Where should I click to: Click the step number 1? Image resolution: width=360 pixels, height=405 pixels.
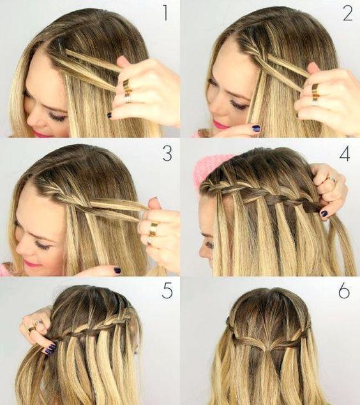point(165,13)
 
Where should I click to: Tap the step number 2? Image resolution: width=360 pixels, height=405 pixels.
point(347,13)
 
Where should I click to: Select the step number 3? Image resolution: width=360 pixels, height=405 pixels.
point(167,153)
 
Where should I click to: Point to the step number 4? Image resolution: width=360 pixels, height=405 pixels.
point(345,153)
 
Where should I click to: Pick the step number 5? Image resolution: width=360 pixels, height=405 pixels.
point(167,291)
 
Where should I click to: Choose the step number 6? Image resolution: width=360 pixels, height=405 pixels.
point(344,291)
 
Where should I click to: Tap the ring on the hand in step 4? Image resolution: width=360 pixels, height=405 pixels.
point(332,179)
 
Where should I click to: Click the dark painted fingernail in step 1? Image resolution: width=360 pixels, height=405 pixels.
point(109,115)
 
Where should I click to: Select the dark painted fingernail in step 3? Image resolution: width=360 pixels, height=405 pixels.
point(117,270)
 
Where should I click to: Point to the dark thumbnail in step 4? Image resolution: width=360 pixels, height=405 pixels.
point(324,213)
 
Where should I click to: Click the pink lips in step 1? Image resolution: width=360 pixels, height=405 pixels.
point(39,134)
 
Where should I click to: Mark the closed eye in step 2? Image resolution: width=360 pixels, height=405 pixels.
point(239,105)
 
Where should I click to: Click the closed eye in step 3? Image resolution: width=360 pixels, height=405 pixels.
point(43,246)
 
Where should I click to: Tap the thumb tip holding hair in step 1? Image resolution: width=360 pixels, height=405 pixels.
point(122,61)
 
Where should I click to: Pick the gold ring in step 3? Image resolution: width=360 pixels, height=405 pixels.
point(154,229)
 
